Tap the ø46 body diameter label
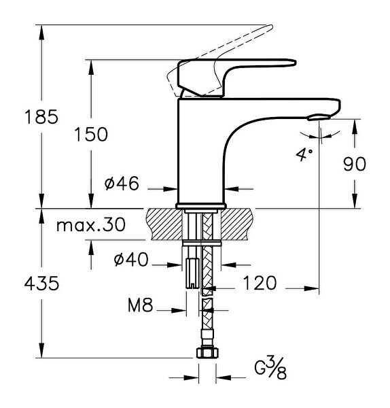point(122,184)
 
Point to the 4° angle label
point(303,154)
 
